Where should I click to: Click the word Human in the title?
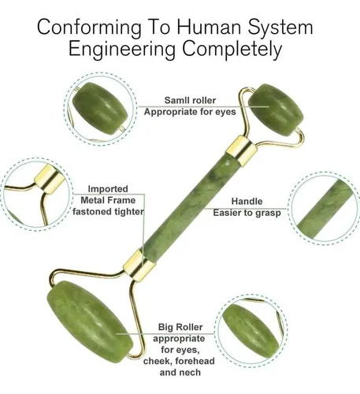tap(210, 27)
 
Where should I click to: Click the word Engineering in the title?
tap(122, 50)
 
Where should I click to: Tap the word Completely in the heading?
tap(232, 50)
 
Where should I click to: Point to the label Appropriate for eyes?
tap(190, 112)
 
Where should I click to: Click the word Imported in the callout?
tap(108, 188)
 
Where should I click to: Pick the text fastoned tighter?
tap(108, 212)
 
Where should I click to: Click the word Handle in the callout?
tap(247, 201)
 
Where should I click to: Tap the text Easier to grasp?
tap(247, 213)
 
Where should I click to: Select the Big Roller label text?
tap(180, 327)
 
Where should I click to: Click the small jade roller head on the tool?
tap(276, 110)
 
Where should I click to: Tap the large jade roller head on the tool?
tap(90, 322)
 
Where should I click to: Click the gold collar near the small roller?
tap(241, 151)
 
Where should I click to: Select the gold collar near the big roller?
tap(139, 264)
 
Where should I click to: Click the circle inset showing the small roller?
tap(100, 110)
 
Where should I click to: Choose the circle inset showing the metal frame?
tap(37, 195)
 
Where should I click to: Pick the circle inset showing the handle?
tap(325, 209)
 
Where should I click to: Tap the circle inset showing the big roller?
tap(251, 330)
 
